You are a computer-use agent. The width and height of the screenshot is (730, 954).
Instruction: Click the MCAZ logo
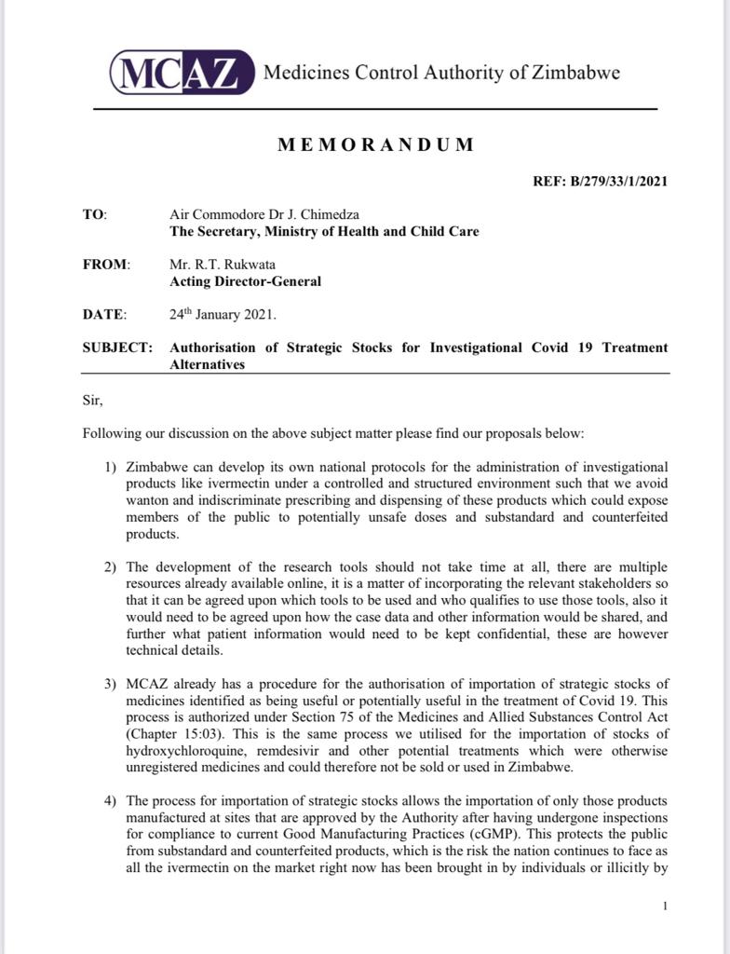[182, 73]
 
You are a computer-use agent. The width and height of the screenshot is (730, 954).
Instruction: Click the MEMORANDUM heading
[375, 145]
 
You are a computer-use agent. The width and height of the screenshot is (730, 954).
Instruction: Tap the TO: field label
[95, 214]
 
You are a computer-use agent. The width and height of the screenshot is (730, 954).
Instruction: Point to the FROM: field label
[106, 265]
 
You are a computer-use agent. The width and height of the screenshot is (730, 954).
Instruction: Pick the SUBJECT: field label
[117, 348]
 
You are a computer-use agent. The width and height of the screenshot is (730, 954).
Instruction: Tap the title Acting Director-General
[246, 280]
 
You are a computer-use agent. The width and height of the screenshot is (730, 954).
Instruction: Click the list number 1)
[111, 466]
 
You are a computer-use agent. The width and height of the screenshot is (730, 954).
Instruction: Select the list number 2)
[111, 567]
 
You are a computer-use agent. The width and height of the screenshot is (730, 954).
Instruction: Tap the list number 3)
[111, 685]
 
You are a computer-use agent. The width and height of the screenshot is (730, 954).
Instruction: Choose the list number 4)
[111, 801]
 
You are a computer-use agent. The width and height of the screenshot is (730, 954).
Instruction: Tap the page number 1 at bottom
[665, 906]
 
